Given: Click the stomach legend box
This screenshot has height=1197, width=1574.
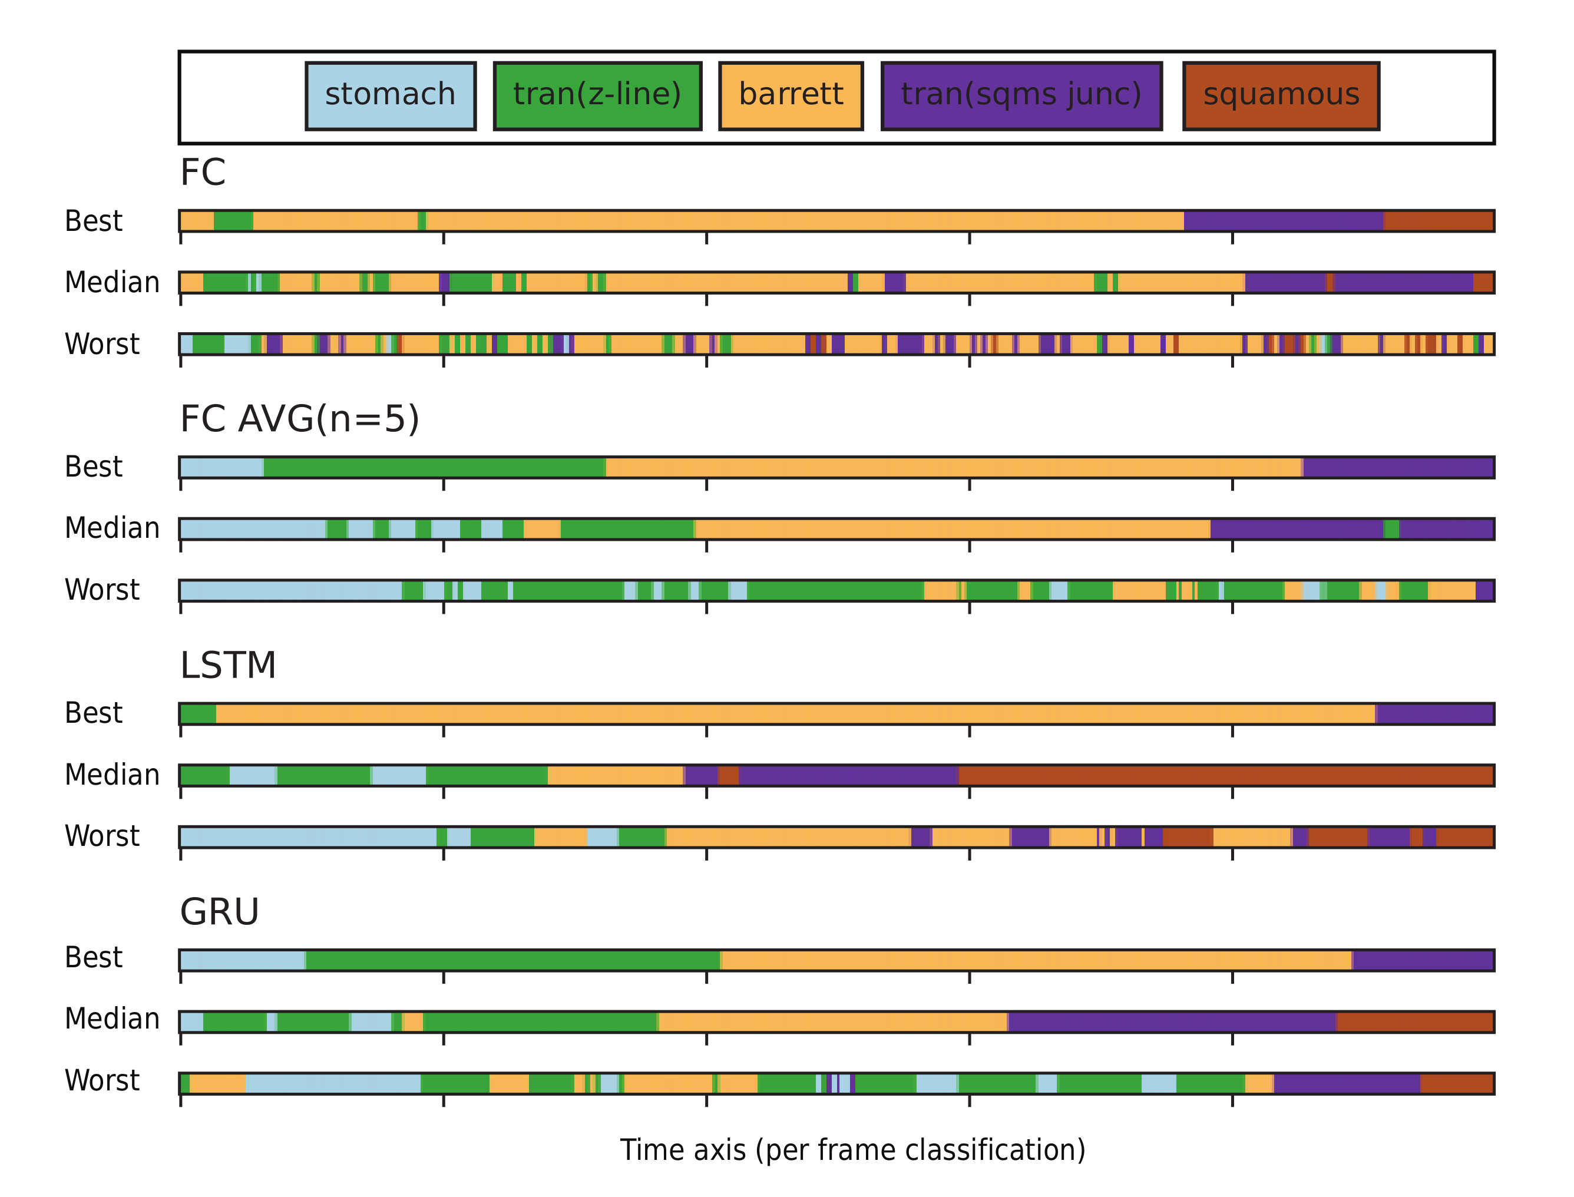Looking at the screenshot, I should pyautogui.click(x=390, y=96).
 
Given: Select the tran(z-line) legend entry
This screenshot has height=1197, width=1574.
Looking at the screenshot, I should pyautogui.click(x=597, y=96).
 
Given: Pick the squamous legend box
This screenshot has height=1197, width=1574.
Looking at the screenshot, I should pyautogui.click(x=1281, y=96).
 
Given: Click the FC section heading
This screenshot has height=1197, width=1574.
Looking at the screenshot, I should pyautogui.click(x=203, y=173).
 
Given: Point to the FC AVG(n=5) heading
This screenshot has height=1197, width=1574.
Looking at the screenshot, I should pyautogui.click(x=299, y=419).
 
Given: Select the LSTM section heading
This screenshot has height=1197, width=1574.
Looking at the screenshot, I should pyautogui.click(x=227, y=666).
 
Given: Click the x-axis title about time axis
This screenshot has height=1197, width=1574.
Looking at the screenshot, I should pyautogui.click(x=852, y=1150).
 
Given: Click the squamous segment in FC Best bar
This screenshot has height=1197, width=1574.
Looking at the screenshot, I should pyautogui.click(x=1438, y=221).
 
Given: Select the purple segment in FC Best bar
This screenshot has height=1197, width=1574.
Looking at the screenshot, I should pyautogui.click(x=1282, y=221).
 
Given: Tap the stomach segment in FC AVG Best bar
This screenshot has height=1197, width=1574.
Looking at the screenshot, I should pyautogui.click(x=221, y=467).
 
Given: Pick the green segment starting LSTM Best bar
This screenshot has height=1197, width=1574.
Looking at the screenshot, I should pyautogui.click(x=198, y=714).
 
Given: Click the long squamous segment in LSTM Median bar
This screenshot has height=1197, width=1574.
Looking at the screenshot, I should pyautogui.click(x=1226, y=775).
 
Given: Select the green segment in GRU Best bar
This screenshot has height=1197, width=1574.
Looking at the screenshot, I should pyautogui.click(x=513, y=960).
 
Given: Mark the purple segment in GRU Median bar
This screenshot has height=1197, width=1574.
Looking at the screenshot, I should pyautogui.click(x=1172, y=1021).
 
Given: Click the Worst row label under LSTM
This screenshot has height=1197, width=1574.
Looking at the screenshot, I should pyautogui.click(x=102, y=836).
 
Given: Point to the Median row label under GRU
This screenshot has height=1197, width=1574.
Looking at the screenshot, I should pyautogui.click(x=112, y=1019).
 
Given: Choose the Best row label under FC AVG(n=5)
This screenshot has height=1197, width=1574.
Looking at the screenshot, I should pyautogui.click(x=93, y=467).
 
